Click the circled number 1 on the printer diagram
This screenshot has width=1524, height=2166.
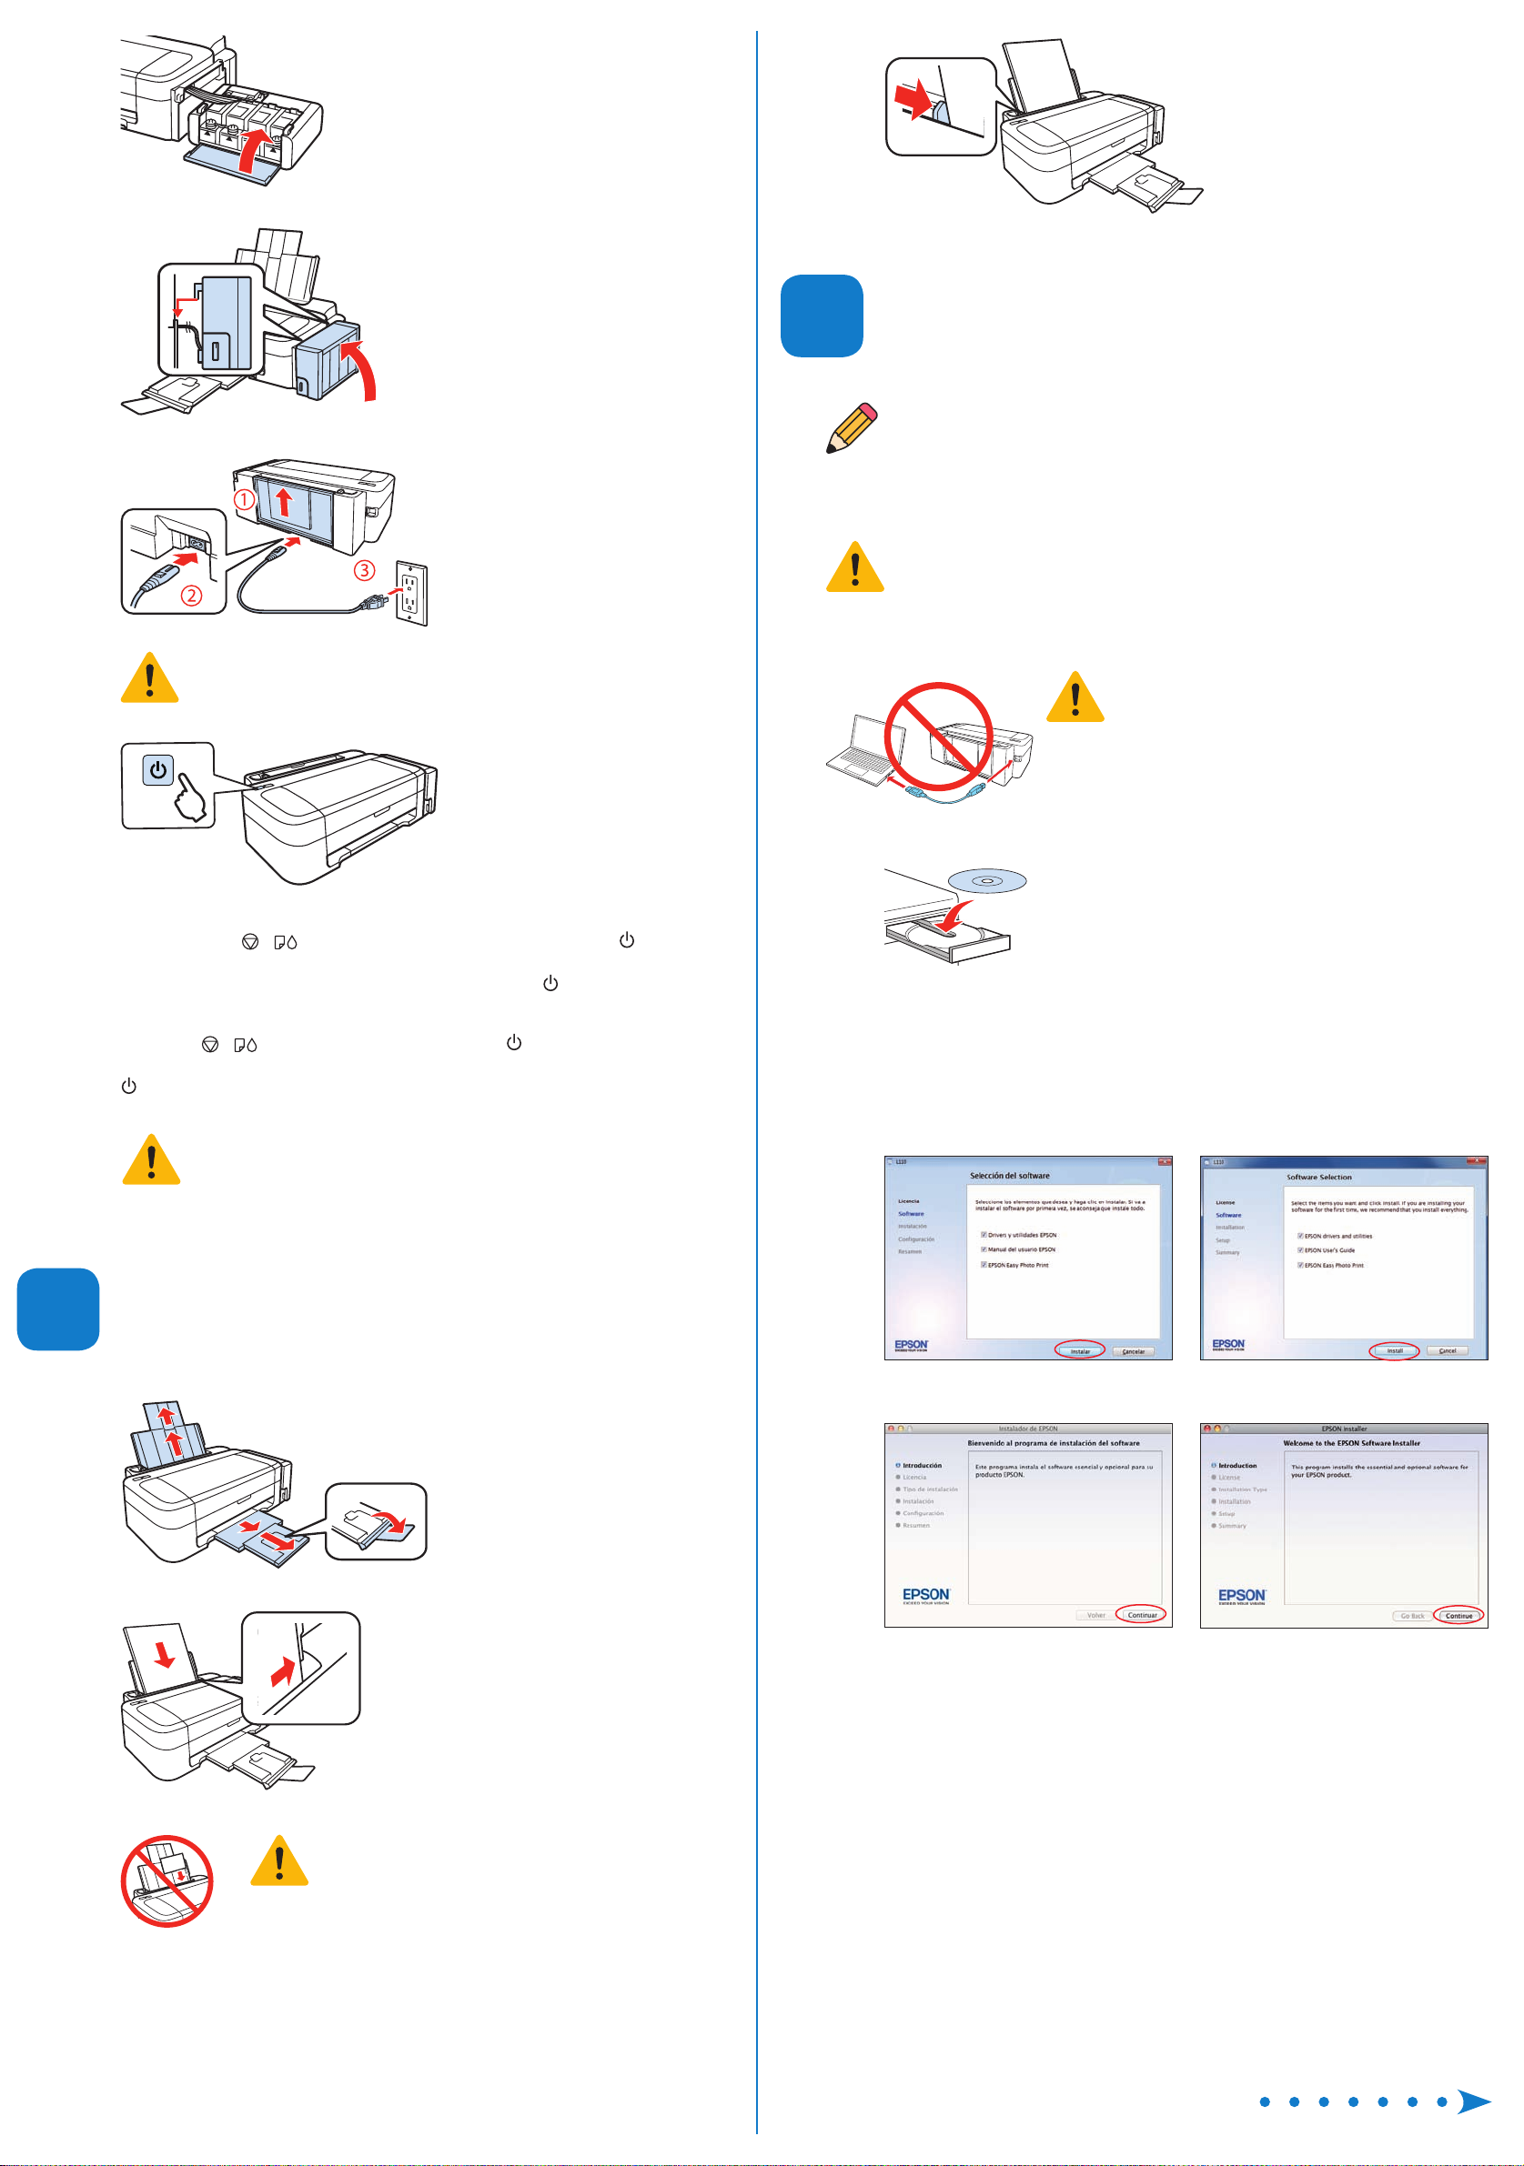click(244, 499)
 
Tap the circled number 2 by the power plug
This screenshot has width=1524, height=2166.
click(192, 596)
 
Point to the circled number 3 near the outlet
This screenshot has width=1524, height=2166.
click(364, 570)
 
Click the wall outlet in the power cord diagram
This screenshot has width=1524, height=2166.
click(410, 595)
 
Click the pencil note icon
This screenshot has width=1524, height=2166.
click(852, 429)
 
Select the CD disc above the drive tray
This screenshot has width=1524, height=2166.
click(987, 881)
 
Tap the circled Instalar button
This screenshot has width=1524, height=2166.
click(1080, 1351)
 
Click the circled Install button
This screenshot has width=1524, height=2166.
click(1394, 1351)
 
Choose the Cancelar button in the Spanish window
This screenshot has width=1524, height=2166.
click(1134, 1351)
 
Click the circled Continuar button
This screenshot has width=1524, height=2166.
click(1142, 1615)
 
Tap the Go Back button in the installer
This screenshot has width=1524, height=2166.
click(1412, 1616)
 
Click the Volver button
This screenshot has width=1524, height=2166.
click(1095, 1615)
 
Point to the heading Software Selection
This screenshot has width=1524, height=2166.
click(1318, 1178)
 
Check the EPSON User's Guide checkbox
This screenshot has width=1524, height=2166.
click(1300, 1250)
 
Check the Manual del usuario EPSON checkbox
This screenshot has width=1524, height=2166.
click(984, 1249)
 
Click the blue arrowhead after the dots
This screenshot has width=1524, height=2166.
click(1473, 2101)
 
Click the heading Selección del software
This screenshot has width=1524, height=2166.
click(1009, 1176)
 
